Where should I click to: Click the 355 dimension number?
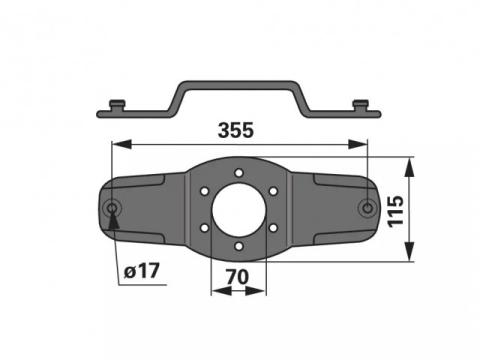tap(236, 130)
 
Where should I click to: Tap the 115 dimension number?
tap(396, 211)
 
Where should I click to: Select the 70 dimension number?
tap(237, 277)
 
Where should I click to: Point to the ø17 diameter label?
tap(142, 271)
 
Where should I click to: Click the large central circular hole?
tap(239, 210)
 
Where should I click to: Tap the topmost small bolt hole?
tap(239, 173)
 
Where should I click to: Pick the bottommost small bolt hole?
tap(239, 246)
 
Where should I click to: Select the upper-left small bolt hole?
tap(204, 191)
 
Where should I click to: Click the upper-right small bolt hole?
tap(273, 191)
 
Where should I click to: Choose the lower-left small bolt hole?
tap(204, 228)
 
